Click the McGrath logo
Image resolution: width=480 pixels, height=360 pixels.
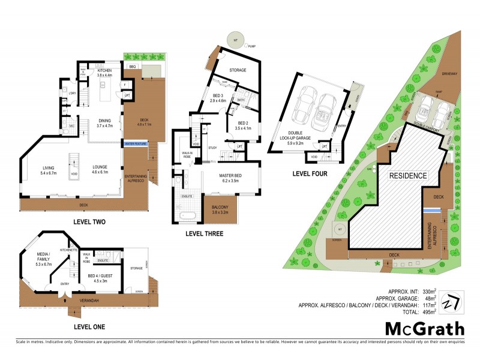click(424, 329)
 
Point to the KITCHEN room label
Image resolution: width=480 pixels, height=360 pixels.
click(105, 73)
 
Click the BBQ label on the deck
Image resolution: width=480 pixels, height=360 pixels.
click(133, 67)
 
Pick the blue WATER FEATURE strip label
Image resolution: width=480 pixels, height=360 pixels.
click(136, 144)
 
